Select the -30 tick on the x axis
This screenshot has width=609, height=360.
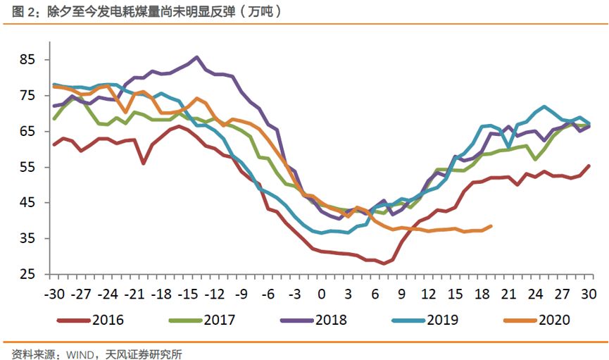(x=54, y=292)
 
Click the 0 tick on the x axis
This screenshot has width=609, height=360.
(x=322, y=292)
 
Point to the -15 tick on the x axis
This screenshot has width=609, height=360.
(x=187, y=292)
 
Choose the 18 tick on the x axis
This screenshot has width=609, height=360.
(x=482, y=292)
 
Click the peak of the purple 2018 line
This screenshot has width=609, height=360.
(x=196, y=58)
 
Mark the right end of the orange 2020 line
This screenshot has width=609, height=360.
(x=491, y=226)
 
